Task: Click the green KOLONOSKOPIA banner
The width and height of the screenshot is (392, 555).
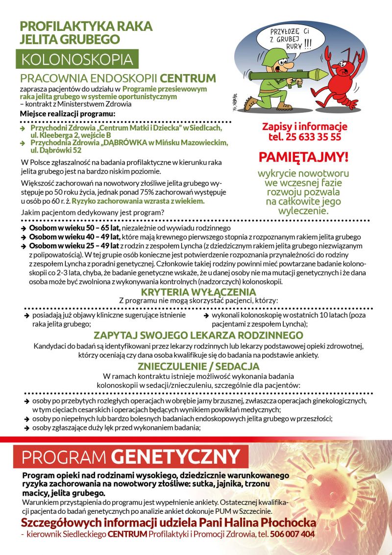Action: click(x=77, y=59)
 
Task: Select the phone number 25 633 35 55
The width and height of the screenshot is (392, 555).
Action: click(x=305, y=137)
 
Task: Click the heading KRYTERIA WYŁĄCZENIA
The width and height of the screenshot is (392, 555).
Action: click(x=198, y=292)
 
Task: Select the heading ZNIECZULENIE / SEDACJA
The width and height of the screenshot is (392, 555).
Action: click(x=198, y=366)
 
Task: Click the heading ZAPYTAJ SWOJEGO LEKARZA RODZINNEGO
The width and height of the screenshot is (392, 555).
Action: click(x=198, y=336)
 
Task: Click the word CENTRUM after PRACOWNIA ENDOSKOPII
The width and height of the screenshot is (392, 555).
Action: click(x=188, y=79)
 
